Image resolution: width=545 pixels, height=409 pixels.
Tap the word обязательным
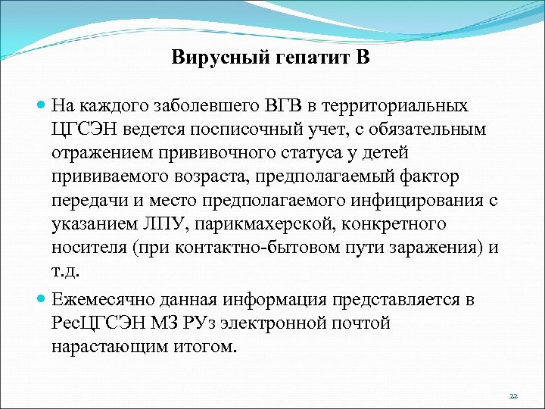(x=431, y=129)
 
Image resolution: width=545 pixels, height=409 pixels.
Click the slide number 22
(x=513, y=396)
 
